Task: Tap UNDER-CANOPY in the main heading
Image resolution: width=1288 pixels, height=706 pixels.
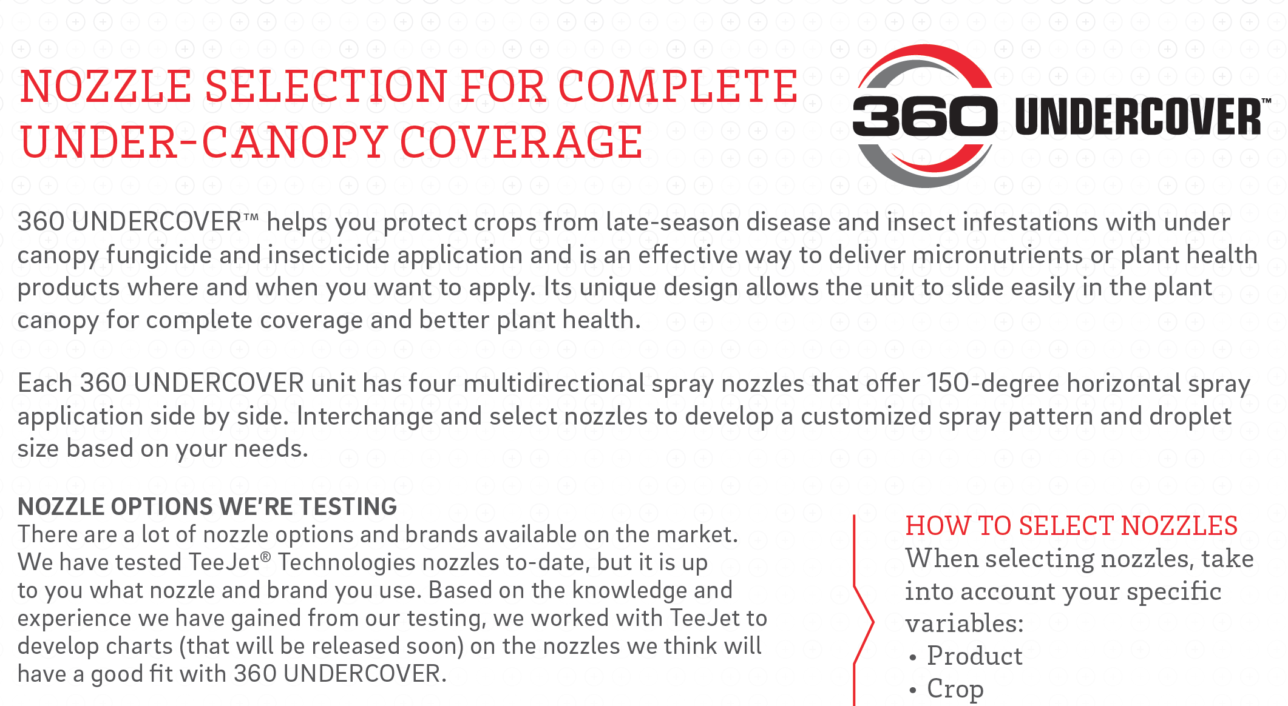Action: (x=204, y=143)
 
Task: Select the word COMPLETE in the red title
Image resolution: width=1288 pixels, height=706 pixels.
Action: (x=677, y=86)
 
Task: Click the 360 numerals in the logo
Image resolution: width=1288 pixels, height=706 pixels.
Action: (x=924, y=116)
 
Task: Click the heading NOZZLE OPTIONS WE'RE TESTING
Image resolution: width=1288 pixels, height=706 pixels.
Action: (x=207, y=506)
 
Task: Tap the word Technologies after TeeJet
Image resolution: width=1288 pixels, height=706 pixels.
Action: (x=347, y=562)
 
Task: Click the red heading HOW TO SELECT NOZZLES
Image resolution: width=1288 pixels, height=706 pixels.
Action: (x=1071, y=526)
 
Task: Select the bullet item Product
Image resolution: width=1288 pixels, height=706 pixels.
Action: (x=975, y=656)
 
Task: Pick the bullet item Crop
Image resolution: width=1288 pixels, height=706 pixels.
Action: (x=955, y=689)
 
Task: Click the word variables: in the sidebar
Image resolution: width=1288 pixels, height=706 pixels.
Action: (x=964, y=623)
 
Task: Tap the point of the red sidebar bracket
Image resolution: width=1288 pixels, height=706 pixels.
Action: (x=873, y=622)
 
